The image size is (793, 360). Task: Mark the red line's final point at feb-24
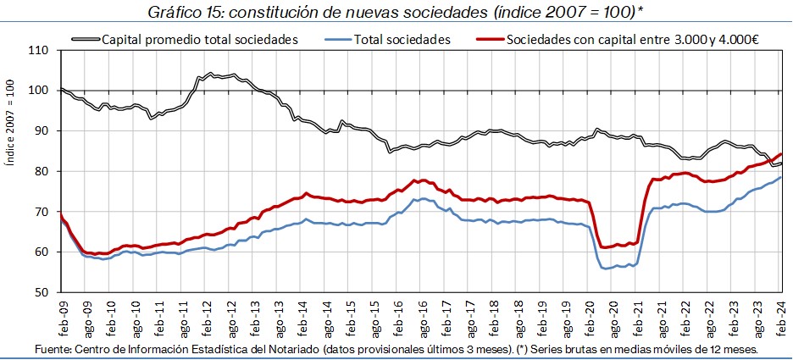click(780, 154)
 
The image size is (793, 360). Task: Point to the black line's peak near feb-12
click(209, 74)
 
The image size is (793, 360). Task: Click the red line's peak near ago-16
click(414, 180)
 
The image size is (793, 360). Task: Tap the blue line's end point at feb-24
click(780, 177)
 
